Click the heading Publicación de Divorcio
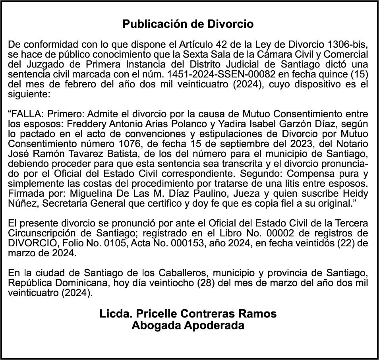tap(188, 24)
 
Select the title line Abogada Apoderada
tap(188, 325)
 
